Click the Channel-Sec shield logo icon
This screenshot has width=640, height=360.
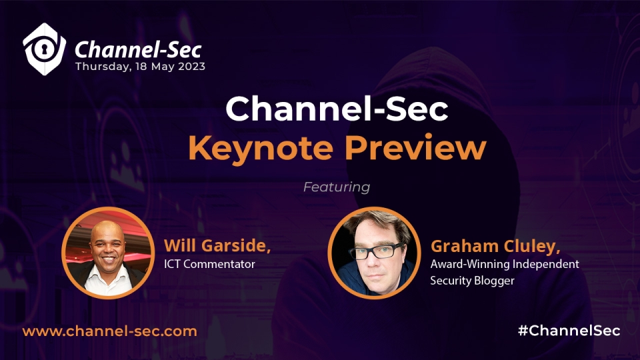pos(44,49)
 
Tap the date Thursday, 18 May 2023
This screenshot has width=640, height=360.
pos(140,67)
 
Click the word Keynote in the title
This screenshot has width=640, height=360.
pos(261,148)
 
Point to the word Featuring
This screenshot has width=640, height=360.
pos(337,187)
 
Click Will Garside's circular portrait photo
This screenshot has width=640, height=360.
pos(108,253)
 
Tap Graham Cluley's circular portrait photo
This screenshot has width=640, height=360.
pos(374,253)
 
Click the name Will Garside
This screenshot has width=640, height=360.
pos(217,245)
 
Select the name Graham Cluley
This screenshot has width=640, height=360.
pos(495,246)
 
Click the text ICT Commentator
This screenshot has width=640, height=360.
pos(209,264)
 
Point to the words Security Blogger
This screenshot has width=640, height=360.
pos(472,281)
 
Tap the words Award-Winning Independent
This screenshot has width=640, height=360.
pos(505,264)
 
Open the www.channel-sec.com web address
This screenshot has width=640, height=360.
pos(110,331)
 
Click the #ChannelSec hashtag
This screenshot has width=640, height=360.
pos(569,331)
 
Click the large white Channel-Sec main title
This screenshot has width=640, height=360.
pos(337,109)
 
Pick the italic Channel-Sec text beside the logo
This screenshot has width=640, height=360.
pos(138,50)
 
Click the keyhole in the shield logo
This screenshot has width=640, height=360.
pos(43,49)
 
